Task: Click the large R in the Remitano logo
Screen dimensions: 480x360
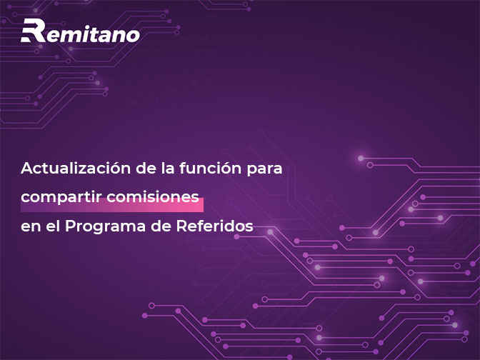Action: click(33, 30)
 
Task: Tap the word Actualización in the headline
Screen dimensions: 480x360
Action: click(76, 168)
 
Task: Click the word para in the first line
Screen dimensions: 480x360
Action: click(264, 170)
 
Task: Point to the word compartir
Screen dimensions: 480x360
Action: click(61, 197)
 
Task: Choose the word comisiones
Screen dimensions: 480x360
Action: click(153, 196)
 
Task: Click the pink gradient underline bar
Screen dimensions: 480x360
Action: click(112, 205)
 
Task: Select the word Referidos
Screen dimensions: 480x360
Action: click(214, 226)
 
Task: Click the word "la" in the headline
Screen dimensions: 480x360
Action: click(168, 168)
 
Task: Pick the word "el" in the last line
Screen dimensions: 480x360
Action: click(53, 226)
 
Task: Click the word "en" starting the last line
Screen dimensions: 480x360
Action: click(31, 228)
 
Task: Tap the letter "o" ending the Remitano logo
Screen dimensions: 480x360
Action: click(133, 35)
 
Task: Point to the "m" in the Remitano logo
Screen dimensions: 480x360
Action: click(70, 35)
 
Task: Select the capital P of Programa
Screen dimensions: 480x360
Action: click(71, 226)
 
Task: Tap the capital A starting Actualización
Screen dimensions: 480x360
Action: click(28, 168)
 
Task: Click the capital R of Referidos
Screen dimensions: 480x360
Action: click(182, 226)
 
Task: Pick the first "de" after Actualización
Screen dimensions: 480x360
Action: click(146, 168)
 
